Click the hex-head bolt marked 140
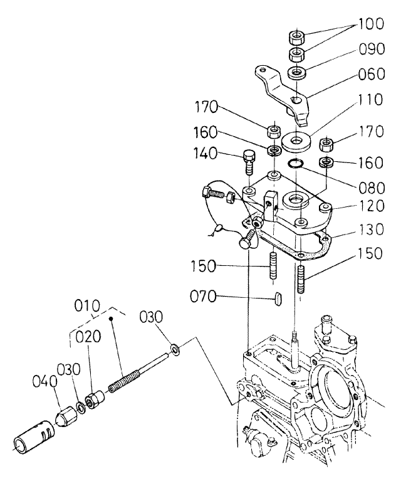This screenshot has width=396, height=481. pyautogui.click(x=249, y=161)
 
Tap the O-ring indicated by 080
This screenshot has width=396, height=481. pyautogui.click(x=296, y=165)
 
